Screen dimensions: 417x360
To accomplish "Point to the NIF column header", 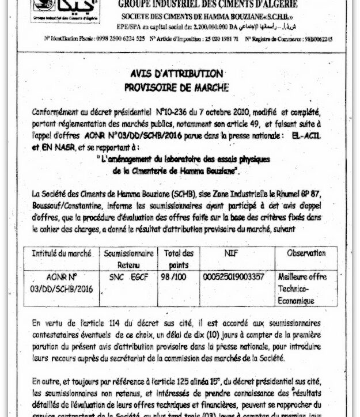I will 234,253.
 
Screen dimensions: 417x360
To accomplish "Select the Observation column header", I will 306,253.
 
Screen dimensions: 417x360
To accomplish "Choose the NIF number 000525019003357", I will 234,277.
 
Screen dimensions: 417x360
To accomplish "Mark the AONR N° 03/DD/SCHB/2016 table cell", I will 61,283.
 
